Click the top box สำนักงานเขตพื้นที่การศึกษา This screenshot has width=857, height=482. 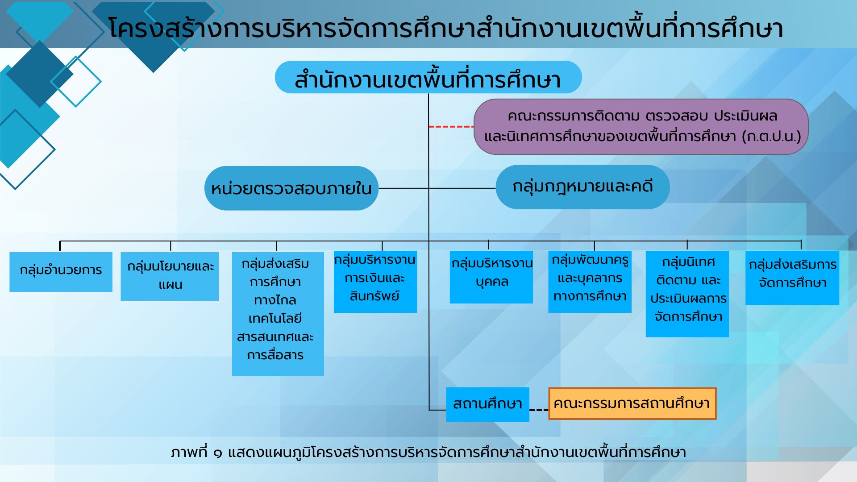pyautogui.click(x=428, y=77)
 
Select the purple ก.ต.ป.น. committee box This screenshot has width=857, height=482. pyautogui.click(x=641, y=127)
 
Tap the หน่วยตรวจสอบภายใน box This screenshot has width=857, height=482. pyautogui.click(x=291, y=188)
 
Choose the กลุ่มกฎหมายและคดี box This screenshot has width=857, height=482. pyautogui.click(x=582, y=187)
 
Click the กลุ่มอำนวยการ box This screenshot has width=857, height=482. pyautogui.click(x=61, y=272)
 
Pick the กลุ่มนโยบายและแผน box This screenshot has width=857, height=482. pyautogui.click(x=170, y=276)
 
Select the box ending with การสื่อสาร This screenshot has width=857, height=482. pyautogui.click(x=278, y=314)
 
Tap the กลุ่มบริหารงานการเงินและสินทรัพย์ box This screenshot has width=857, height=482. pyautogui.click(x=375, y=282)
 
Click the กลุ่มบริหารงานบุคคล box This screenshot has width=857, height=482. pyautogui.click(x=491, y=277)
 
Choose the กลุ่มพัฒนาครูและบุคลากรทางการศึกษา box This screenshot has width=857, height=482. pyautogui.click(x=590, y=282)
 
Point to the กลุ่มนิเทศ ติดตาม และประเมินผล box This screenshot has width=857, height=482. pyautogui.click(x=687, y=294)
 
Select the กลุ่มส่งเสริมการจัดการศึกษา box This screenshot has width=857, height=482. pyautogui.click(x=792, y=278)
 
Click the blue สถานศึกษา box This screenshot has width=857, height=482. pyautogui.click(x=487, y=404)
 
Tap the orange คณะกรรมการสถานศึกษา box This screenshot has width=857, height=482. pyautogui.click(x=632, y=403)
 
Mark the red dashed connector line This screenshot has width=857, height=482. pyautogui.click(x=451, y=127)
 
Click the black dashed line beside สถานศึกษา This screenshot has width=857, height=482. pyautogui.click(x=539, y=410)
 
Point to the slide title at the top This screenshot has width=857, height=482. pyautogui.click(x=445, y=28)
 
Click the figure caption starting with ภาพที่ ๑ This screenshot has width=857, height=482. pyautogui.click(x=428, y=453)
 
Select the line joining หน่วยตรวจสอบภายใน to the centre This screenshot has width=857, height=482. pyautogui.click(x=404, y=188)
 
